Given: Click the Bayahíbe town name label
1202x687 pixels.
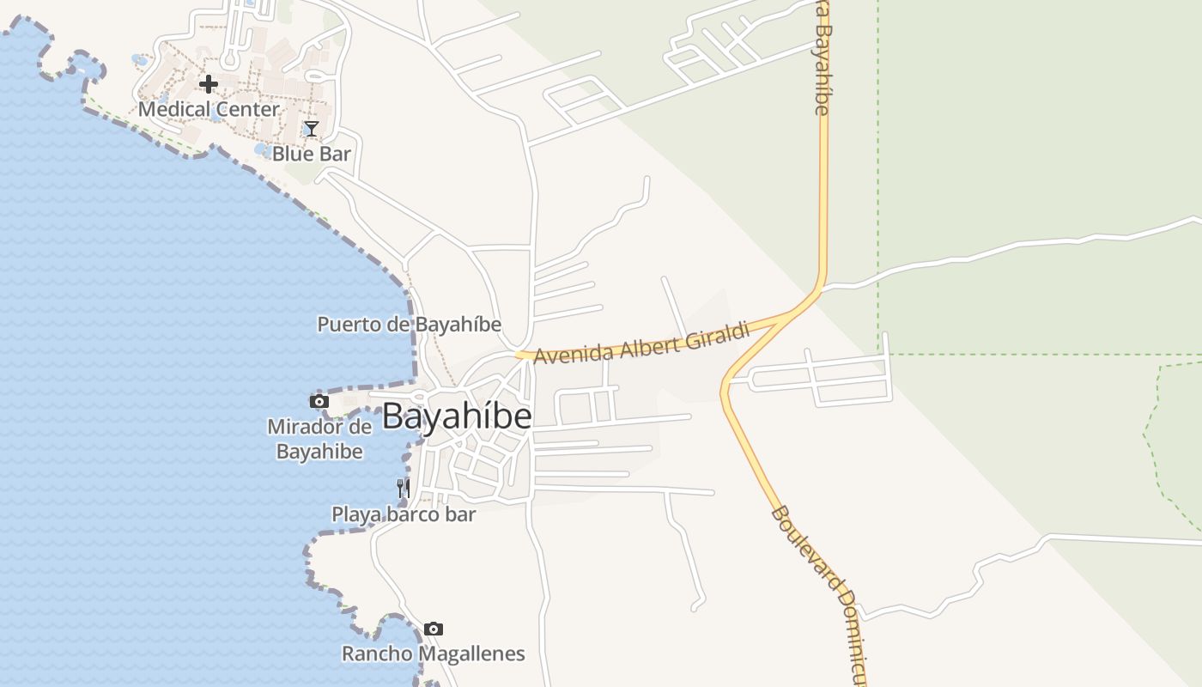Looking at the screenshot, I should (457, 417).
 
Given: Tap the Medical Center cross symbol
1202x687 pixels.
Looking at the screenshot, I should (209, 84).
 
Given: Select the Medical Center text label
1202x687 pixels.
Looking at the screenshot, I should (209, 110).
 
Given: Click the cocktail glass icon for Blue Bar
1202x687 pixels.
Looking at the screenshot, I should (311, 129).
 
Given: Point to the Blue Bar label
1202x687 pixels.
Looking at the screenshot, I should (312, 155).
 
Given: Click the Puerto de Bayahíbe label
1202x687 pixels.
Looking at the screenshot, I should (410, 325).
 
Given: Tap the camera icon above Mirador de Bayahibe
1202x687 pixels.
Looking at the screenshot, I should (319, 401).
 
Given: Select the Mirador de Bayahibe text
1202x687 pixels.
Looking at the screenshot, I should (319, 439).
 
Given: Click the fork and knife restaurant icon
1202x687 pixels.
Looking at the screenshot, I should (403, 489).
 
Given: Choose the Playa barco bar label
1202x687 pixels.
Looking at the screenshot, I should (404, 515).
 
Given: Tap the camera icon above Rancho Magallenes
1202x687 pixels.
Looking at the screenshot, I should (434, 629).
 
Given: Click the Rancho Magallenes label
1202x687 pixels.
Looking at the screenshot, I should (434, 654).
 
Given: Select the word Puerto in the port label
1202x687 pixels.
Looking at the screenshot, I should (346, 325).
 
